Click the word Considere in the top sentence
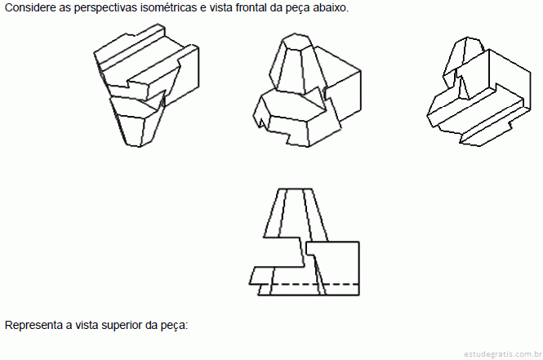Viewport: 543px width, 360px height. (x=30, y=7)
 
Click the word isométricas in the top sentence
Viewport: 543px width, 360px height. (x=168, y=7)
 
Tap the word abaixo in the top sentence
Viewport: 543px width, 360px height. (x=330, y=7)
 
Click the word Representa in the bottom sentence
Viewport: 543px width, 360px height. (x=33, y=325)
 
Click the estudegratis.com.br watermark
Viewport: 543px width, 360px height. (x=503, y=353)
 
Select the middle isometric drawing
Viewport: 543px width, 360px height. (x=307, y=90)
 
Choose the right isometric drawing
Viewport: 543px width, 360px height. (x=478, y=91)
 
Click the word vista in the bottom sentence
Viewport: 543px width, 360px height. (x=87, y=325)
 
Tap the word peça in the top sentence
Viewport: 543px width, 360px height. (x=298, y=8)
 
